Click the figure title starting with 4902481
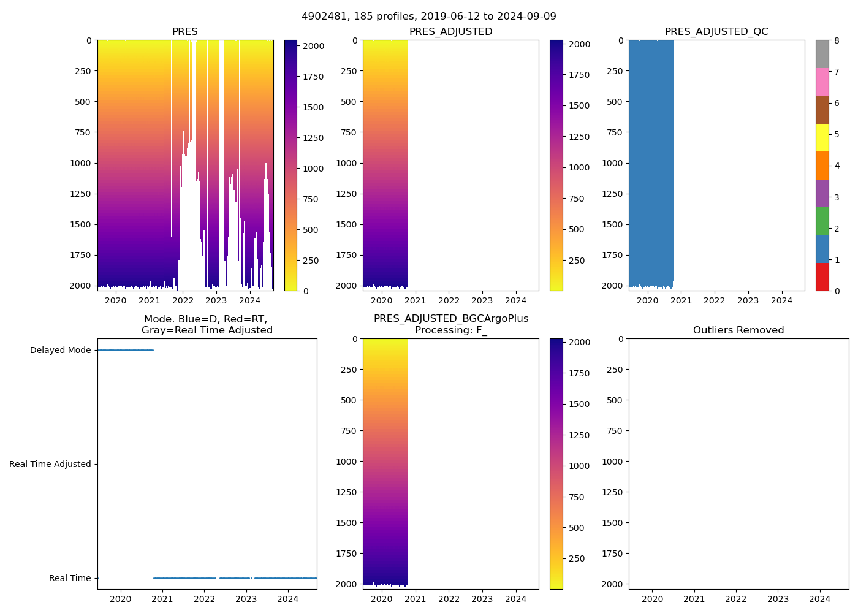429,17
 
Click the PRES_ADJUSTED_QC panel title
716,32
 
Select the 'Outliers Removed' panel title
738,330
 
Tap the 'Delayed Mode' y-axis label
60,351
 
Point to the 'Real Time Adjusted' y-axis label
50,465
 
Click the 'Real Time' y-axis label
70,579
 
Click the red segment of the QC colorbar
822,277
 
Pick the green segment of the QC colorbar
822,221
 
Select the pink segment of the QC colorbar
822,82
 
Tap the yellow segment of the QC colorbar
822,138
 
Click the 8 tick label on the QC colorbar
837,40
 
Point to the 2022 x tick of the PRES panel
183,300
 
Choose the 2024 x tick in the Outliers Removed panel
820,599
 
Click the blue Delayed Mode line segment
126,351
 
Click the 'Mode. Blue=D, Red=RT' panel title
207,325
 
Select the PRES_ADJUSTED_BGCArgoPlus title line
451,319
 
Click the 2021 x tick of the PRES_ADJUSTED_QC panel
681,300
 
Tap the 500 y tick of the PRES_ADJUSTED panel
348,102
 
